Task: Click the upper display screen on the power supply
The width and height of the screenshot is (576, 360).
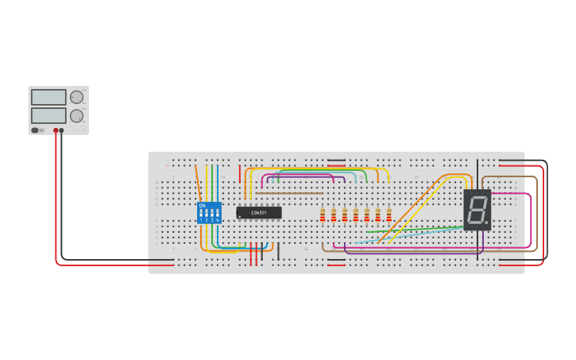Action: point(48,97)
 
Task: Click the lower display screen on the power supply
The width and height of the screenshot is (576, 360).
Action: point(48,115)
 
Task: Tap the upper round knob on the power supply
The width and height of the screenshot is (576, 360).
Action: point(76,97)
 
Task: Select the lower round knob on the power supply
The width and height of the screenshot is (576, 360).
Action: point(76,116)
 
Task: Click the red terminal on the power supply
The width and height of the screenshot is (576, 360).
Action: point(56,130)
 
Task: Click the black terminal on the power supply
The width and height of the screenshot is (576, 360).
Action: point(61,130)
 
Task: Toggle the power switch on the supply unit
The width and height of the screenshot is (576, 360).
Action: point(35,130)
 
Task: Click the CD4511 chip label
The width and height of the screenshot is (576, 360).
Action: point(259,213)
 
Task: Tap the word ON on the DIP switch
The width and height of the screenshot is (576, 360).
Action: point(202,206)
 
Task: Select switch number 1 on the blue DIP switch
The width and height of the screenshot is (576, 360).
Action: point(201,214)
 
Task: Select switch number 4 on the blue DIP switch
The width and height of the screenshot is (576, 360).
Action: point(217,214)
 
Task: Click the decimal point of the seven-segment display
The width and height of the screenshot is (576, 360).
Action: point(486,222)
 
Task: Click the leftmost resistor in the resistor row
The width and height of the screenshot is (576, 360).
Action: point(323,215)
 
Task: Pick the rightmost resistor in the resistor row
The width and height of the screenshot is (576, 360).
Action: point(389,215)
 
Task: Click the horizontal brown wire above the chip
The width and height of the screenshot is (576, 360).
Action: point(289,193)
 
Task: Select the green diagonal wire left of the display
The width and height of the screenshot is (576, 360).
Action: point(413,229)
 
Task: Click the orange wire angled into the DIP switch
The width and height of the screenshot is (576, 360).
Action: point(198,181)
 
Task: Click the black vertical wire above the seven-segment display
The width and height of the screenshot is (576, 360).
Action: point(478,173)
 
